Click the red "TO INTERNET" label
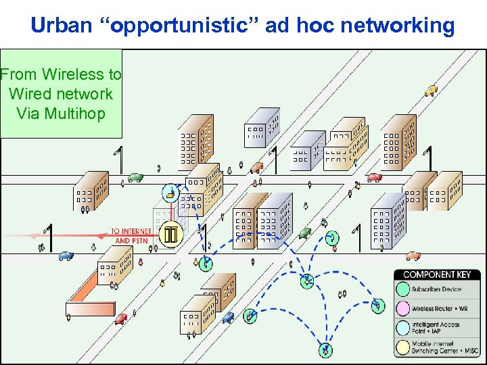pyautogui.click(x=131, y=231)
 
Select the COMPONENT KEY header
pyautogui.click(x=437, y=274)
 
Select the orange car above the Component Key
pyautogui.click(x=413, y=256)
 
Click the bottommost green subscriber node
pyautogui.click(x=326, y=350)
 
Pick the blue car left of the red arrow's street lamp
pyautogui.click(x=66, y=255)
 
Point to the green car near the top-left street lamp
pyautogui.click(x=135, y=178)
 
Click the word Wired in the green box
pyautogui.click(x=30, y=93)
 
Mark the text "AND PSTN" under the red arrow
pyautogui.click(x=132, y=241)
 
